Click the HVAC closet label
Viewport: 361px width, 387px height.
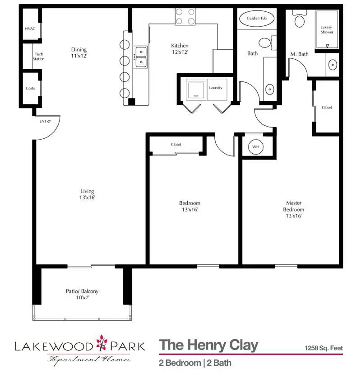pos(30,28)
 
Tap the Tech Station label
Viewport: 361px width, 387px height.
pos(39,56)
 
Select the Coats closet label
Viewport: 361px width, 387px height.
pos(30,88)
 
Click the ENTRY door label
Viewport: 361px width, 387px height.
pos(45,121)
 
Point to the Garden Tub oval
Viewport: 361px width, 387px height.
pos(257,18)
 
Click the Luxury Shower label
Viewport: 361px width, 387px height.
pos(327,30)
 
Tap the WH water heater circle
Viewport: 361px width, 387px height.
pos(256,147)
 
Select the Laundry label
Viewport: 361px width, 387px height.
pos(216,88)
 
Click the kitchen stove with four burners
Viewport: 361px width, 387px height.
pos(185,17)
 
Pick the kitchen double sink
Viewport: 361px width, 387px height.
pos(140,57)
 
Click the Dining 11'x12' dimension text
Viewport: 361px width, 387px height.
pos(79,56)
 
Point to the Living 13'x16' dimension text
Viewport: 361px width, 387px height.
pos(87,198)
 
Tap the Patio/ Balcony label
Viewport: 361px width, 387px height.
pos(82,291)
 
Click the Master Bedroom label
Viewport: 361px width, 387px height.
pos(293,206)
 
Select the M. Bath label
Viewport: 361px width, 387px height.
pos(299,54)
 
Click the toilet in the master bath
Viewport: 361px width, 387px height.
pos(299,19)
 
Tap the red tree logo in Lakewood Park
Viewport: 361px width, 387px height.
pos(101,343)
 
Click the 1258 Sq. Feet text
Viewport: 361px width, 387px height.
pos(324,348)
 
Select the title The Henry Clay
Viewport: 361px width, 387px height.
pos(208,345)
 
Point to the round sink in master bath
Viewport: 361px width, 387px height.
pos(333,65)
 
